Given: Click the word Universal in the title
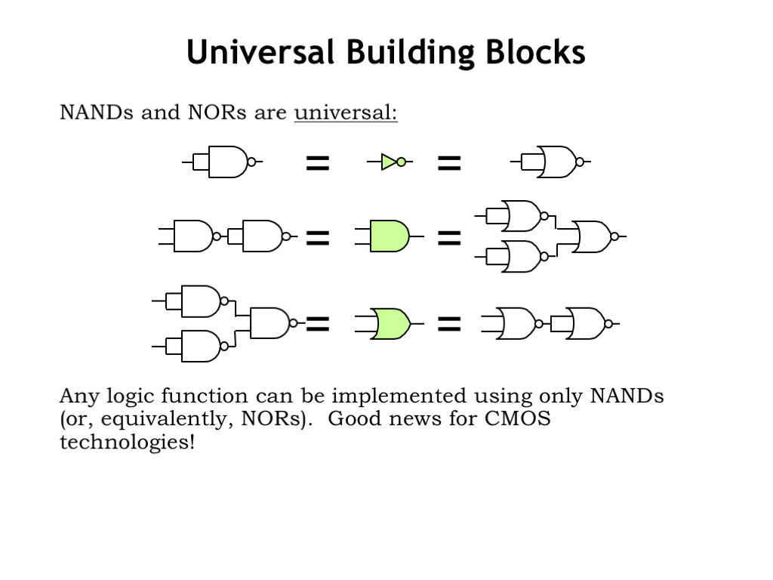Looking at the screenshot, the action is pos(260,52).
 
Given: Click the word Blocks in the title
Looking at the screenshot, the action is pos(535,52).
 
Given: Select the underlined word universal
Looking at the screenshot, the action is pos(346,113).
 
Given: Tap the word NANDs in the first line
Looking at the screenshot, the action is pos(96,113).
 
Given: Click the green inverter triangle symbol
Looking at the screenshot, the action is pos(389,162).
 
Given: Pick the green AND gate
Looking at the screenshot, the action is pos(390,236).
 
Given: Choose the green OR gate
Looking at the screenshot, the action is pos(391,324).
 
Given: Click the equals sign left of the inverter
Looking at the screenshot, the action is pos(318,163).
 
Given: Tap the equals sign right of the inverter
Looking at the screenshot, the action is pos(449,163).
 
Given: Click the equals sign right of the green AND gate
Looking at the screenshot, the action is pos(449,238).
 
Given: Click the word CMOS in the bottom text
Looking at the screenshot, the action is pos(518,418).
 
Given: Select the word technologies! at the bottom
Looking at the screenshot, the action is pos(127,441).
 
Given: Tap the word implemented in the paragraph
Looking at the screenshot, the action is pos(399,396).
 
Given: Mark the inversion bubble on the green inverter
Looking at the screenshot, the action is pos(402,162).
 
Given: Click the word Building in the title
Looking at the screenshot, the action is pos(410,52).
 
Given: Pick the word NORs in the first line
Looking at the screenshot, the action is pos(217,113).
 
